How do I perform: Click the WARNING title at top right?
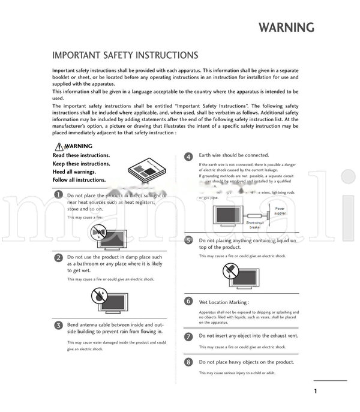(286, 28)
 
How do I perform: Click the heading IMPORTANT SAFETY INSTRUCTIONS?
(125, 55)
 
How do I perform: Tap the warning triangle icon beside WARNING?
(59, 146)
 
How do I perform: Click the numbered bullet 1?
(58, 194)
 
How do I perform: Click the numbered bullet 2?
(58, 257)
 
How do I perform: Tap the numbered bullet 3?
(58, 324)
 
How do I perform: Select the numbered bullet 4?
(188, 156)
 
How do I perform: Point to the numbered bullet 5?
(188, 240)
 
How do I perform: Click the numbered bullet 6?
(188, 301)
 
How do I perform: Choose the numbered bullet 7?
(188, 336)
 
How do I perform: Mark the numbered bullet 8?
(188, 362)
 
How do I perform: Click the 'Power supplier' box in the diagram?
(280, 211)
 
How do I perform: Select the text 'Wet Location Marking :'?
(224, 302)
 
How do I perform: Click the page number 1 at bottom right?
(315, 392)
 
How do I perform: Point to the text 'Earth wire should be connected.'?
(234, 155)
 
